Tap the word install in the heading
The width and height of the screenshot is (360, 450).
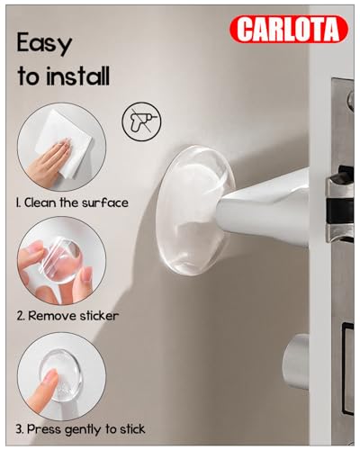tap(78, 77)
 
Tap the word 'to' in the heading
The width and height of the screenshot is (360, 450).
tap(29, 78)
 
